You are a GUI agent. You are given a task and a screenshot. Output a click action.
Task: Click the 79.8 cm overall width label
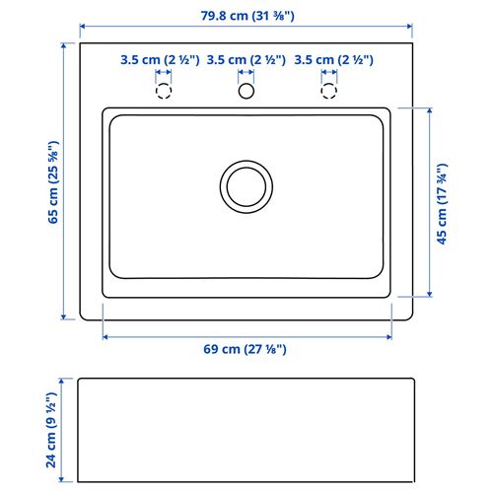[x=247, y=16]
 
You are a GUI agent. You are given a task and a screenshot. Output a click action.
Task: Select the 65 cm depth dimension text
[x=53, y=182]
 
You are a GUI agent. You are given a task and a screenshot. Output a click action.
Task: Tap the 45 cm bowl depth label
[x=442, y=204]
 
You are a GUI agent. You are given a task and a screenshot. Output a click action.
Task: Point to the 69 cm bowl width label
[x=245, y=349]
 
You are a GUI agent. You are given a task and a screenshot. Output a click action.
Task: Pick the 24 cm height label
[x=51, y=430]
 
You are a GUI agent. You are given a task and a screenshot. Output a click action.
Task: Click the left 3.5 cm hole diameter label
[x=160, y=60]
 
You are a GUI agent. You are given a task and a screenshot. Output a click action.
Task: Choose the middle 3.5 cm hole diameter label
[x=246, y=60]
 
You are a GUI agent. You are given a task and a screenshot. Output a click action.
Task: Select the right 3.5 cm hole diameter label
[x=333, y=60]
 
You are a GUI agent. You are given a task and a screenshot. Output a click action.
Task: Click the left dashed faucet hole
[x=164, y=84]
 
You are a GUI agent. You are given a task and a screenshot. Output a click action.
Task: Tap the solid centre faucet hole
[x=246, y=84]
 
